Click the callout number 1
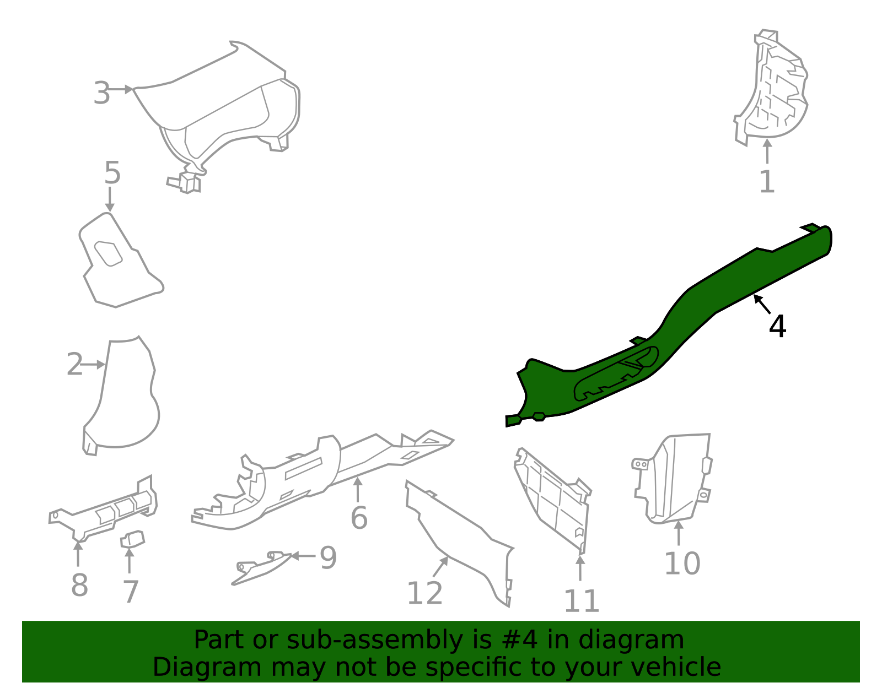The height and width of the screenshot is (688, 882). point(767,182)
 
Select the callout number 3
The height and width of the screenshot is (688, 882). point(102,93)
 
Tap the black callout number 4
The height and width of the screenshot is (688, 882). point(777,327)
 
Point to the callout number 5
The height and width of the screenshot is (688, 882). point(112,173)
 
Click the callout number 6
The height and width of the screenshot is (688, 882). point(359,518)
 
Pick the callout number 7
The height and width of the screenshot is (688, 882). point(130,592)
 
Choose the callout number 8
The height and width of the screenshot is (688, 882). point(79,585)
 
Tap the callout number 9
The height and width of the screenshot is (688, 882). point(328,558)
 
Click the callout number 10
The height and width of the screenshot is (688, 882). point(682,564)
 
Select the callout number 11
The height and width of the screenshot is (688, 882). point(581,601)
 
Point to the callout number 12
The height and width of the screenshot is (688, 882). point(424,593)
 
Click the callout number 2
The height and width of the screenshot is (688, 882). point(74,365)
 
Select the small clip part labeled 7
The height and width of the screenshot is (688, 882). point(132,539)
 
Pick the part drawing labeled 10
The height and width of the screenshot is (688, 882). point(673,479)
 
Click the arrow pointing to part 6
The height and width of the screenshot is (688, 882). point(358,488)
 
